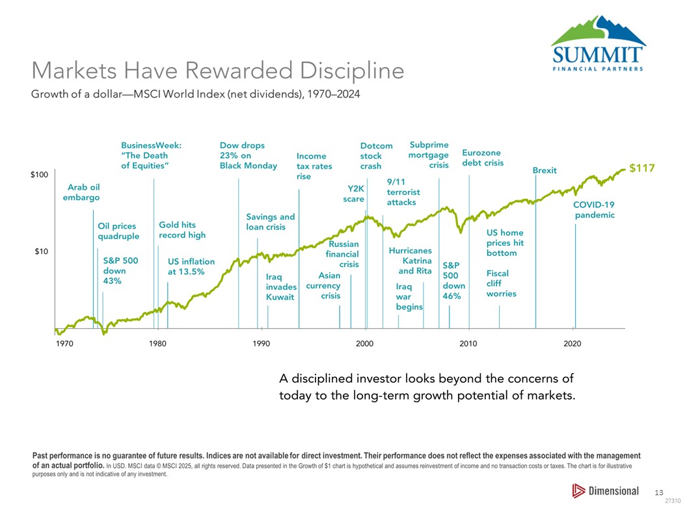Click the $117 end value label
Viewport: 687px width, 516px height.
click(x=641, y=168)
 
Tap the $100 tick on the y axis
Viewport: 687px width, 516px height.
click(x=40, y=175)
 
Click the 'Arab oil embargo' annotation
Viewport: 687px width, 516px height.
click(x=81, y=192)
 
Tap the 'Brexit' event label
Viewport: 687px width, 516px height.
click(x=545, y=170)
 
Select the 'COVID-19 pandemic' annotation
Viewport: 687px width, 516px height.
click(x=593, y=210)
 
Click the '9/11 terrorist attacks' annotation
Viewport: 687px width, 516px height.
click(x=403, y=192)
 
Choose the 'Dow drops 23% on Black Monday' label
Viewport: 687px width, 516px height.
click(x=248, y=155)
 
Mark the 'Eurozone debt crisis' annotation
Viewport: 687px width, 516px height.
click(x=483, y=157)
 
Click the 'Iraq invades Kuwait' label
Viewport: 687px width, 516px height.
click(x=281, y=287)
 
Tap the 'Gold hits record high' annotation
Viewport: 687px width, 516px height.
click(x=182, y=230)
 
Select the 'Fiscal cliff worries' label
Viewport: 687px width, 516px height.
click(x=501, y=284)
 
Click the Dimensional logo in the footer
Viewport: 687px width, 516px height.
click(x=605, y=491)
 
